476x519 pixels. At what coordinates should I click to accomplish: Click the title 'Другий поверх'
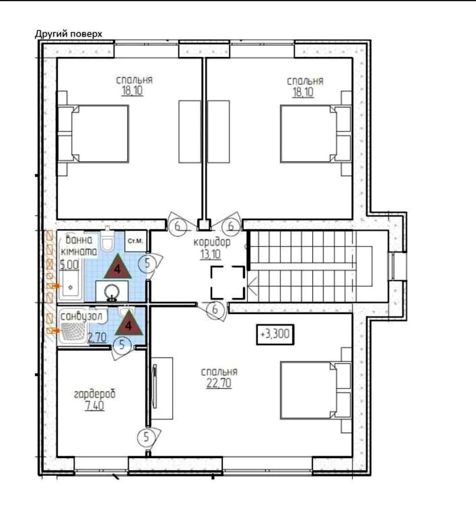point(69,34)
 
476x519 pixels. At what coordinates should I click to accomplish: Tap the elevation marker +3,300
point(275,334)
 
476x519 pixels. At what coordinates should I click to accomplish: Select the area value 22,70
point(219,383)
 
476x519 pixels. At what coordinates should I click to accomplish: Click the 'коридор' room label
point(212,243)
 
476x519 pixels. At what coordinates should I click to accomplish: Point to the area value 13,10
point(210,254)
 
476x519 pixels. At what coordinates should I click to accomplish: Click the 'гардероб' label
point(95,394)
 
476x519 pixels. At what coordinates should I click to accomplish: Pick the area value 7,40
point(94,406)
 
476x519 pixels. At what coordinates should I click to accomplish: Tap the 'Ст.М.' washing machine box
point(135,241)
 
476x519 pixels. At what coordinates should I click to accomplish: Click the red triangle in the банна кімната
point(118,266)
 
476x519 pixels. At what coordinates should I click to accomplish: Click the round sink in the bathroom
point(112,292)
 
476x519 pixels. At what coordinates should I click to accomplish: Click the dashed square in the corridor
point(228,282)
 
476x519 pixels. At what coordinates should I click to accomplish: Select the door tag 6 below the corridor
point(215,310)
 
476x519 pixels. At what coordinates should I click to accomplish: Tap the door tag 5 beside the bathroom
point(148,264)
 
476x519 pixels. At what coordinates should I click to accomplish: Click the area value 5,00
point(69,265)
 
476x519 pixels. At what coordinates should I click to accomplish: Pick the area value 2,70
point(97,338)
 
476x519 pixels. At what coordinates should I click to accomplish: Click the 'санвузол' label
point(81,317)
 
